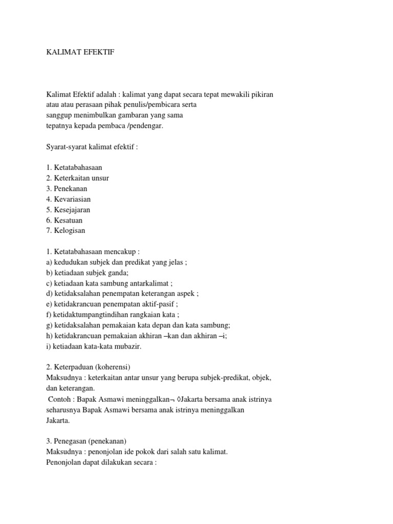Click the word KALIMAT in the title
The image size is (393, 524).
[60, 53]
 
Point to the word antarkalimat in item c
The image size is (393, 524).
[151, 283]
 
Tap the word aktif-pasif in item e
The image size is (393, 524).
[158, 304]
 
